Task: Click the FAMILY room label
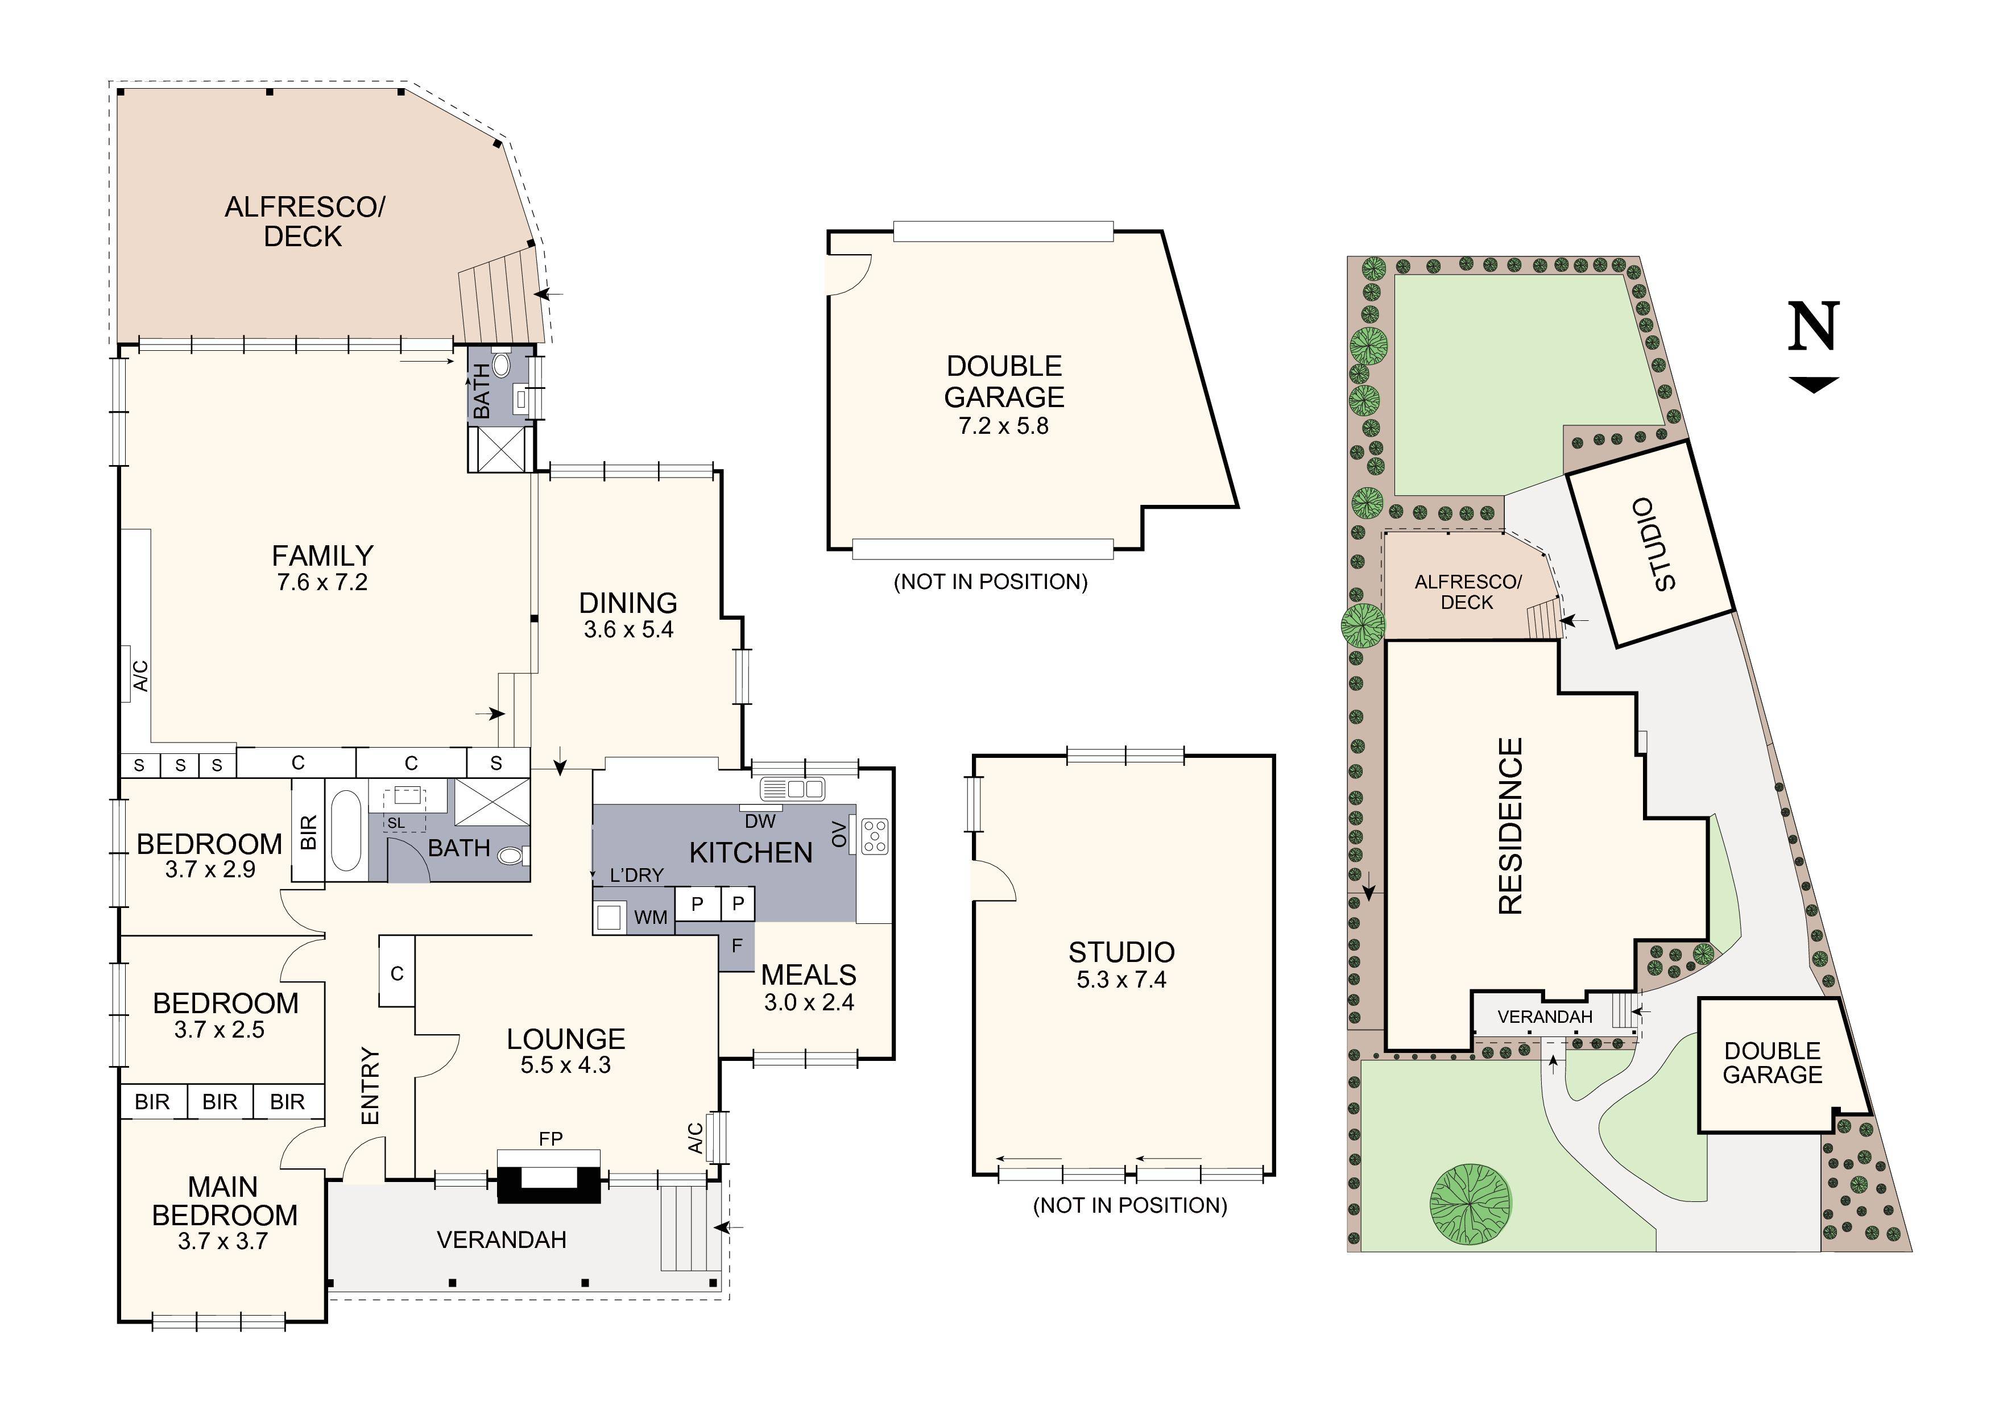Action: [322, 555]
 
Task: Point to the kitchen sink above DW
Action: [792, 789]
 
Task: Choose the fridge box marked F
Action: [737, 946]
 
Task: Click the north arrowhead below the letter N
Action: [1814, 384]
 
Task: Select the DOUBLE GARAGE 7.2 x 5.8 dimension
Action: [1004, 426]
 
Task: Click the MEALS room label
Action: [809, 974]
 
